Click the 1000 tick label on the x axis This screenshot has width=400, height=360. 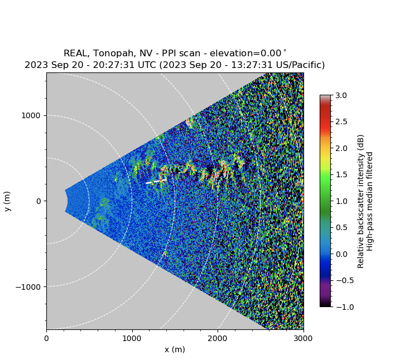tap(132, 338)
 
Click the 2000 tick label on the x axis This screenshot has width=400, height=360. tap(218, 338)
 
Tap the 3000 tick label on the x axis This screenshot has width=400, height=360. tap(303, 338)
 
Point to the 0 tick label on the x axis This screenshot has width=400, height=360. tap(46, 338)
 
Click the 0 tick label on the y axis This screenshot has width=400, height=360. tap(39, 201)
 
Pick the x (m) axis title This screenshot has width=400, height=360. tap(175, 349)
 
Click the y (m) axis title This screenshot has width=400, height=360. tap(7, 201)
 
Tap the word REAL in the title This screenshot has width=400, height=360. tap(75, 53)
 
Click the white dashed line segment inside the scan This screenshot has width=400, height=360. tap(156, 181)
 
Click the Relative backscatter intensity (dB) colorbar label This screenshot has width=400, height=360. tap(361, 201)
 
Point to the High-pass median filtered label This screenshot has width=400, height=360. tap(370, 201)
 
